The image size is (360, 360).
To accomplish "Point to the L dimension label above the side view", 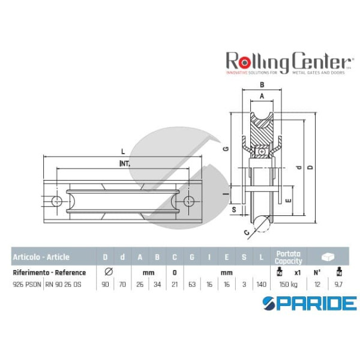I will click(x=122, y=152).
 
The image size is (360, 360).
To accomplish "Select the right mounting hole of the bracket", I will click(x=190, y=200).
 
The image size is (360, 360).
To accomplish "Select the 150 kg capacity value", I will click(x=287, y=284).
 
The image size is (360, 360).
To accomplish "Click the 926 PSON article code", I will click(x=26, y=284).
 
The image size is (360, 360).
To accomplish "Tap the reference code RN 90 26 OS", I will click(x=65, y=284).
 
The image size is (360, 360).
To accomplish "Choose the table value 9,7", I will click(x=339, y=284).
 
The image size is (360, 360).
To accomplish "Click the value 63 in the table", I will click(x=192, y=284).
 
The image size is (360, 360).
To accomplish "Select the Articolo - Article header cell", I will click(x=41, y=257).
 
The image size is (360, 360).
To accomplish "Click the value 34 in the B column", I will click(x=157, y=284).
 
